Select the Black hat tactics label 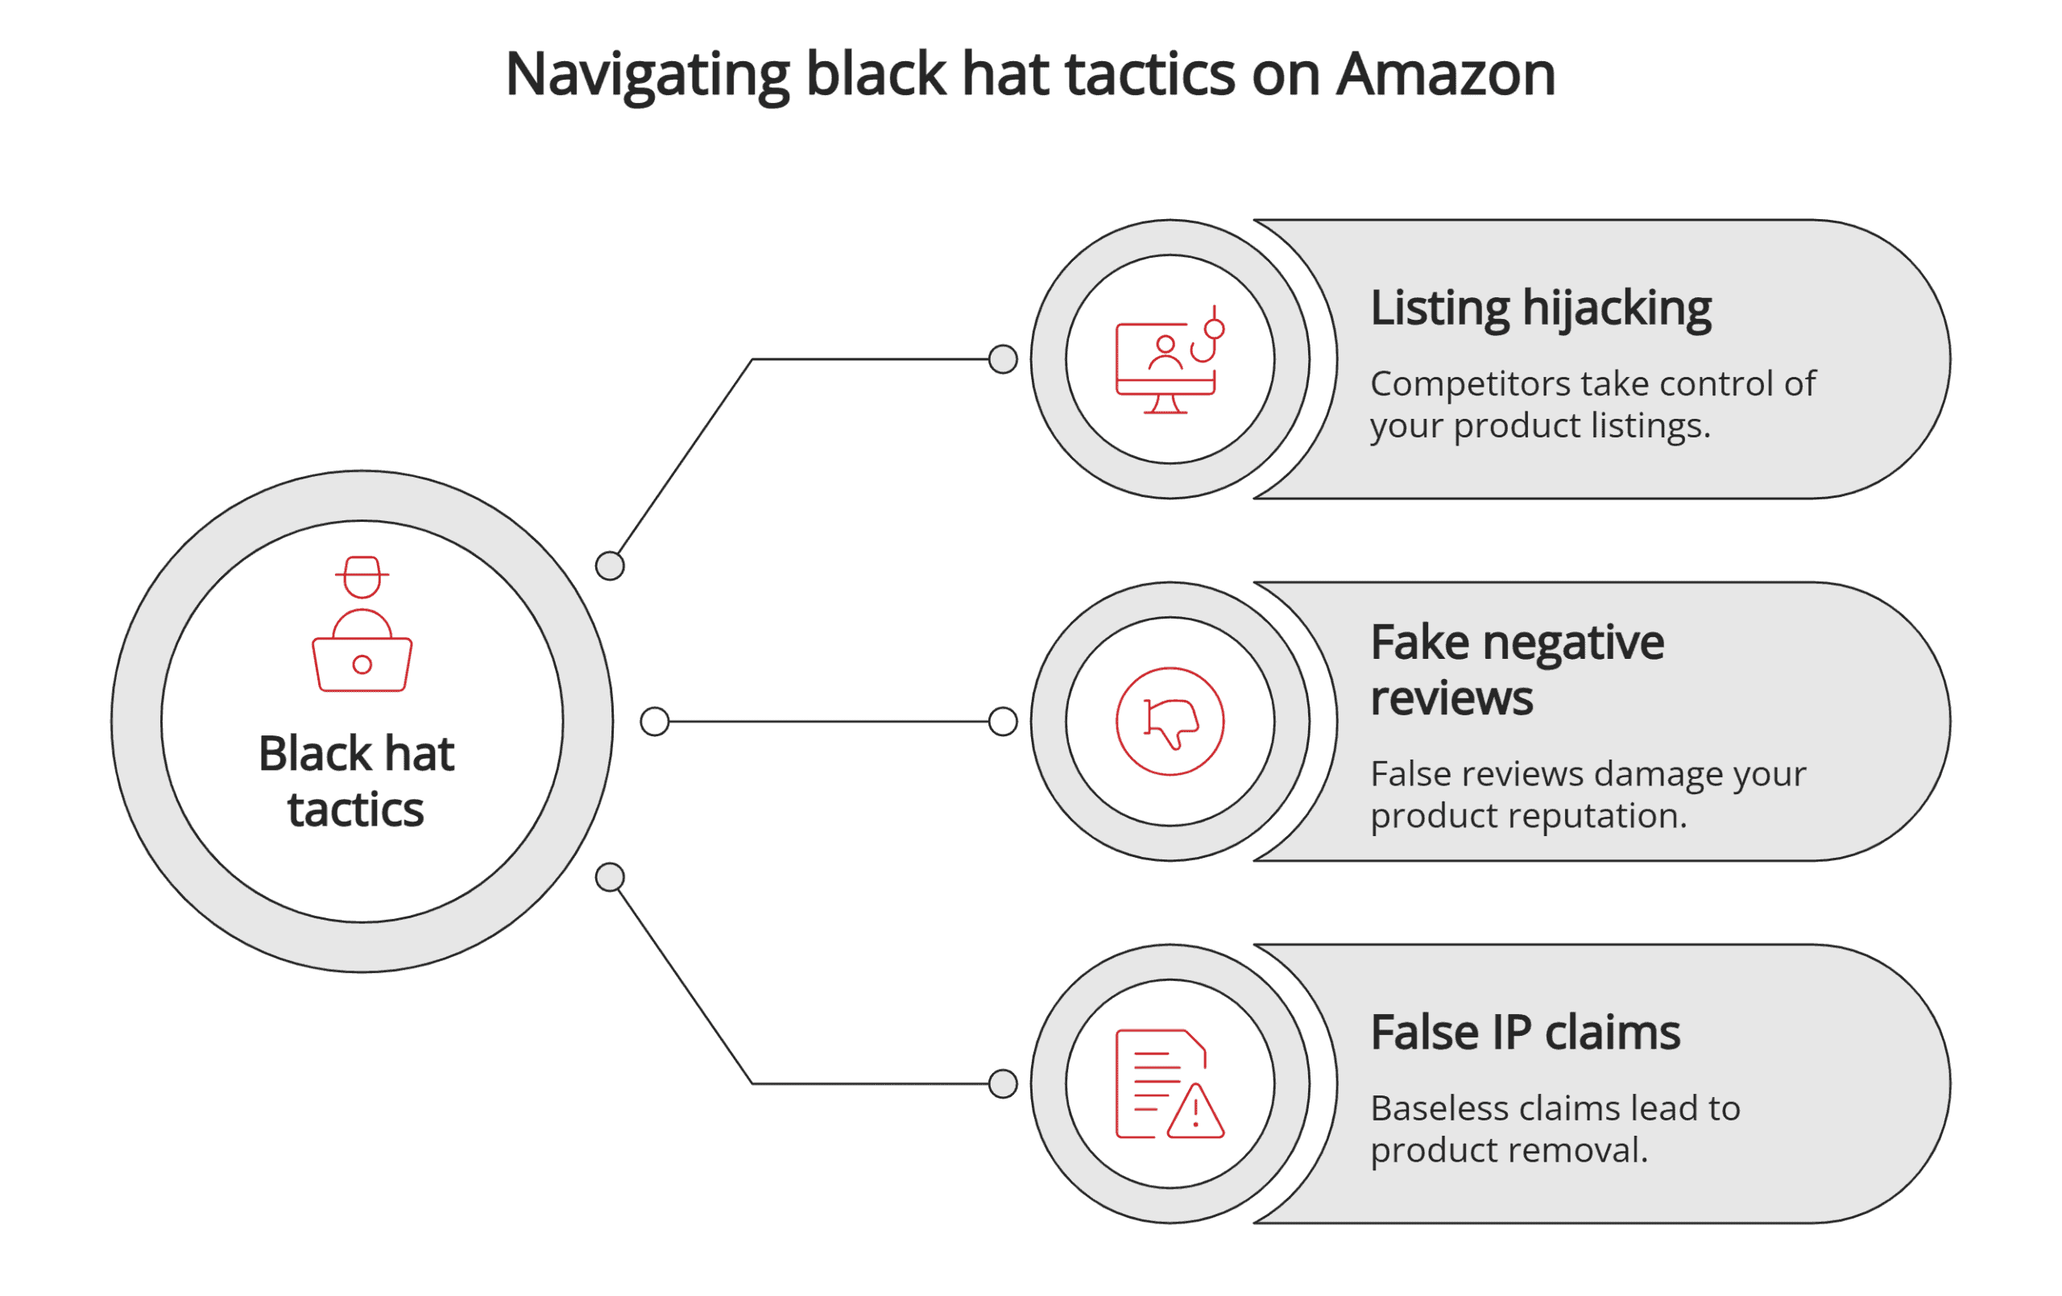[356, 781]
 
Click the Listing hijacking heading [1541, 308]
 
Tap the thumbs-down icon [1170, 722]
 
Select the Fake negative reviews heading [1517, 670]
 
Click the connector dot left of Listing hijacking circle [1003, 359]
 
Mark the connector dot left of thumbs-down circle [1003, 721]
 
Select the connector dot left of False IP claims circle [1003, 1083]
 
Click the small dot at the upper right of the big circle [610, 566]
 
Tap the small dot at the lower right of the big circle [610, 877]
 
